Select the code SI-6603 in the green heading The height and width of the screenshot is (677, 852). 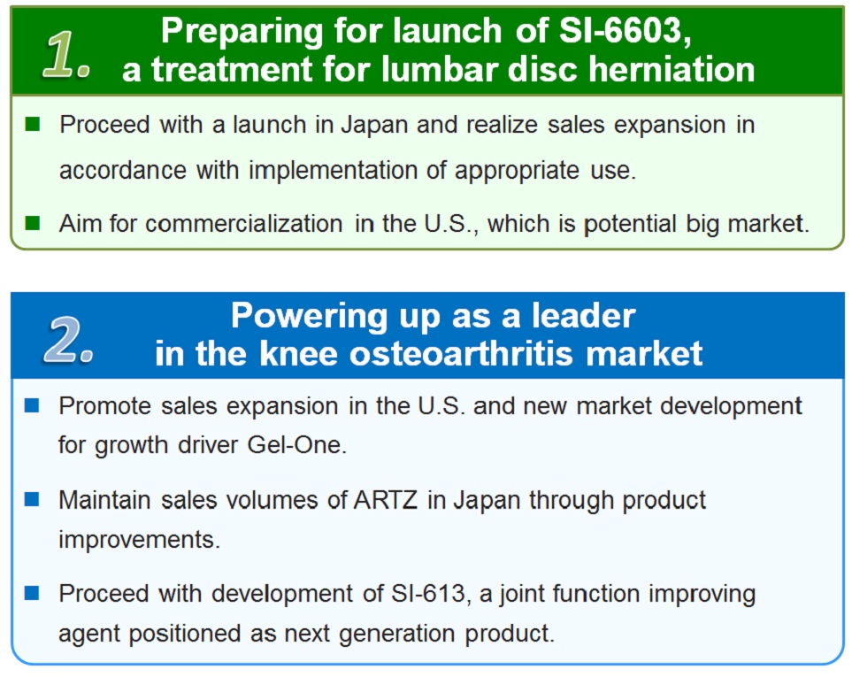click(x=624, y=30)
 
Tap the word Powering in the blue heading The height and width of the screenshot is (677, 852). click(x=309, y=316)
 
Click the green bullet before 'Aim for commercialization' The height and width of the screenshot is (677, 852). click(x=32, y=223)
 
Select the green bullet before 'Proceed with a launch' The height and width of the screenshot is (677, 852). click(x=32, y=124)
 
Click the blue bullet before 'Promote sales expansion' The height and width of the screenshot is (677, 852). click(x=32, y=404)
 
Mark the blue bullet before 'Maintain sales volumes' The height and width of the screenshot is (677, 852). click(x=32, y=499)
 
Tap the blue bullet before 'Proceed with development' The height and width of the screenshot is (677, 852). click(x=32, y=592)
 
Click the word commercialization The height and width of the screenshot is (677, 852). click(x=244, y=224)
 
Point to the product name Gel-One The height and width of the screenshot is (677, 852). click(x=296, y=445)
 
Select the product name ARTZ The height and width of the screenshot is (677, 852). click(x=385, y=500)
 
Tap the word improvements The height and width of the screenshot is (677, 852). click(x=139, y=540)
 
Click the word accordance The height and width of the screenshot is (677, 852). click(x=123, y=171)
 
